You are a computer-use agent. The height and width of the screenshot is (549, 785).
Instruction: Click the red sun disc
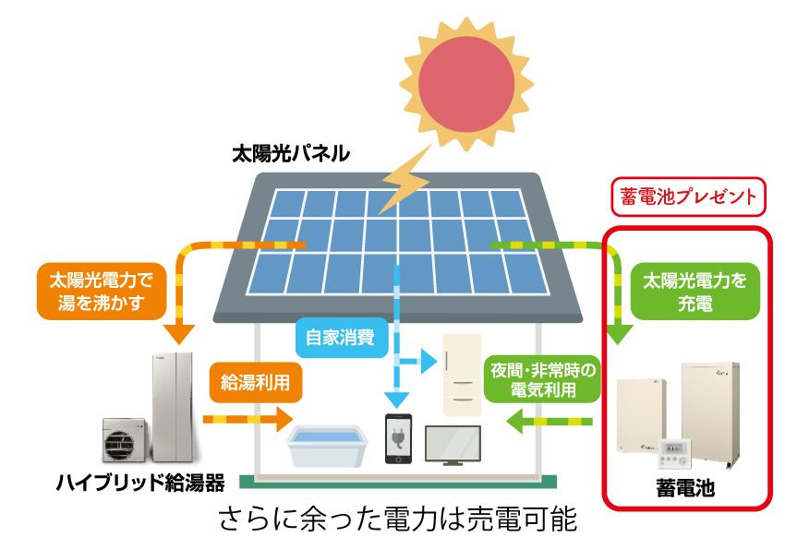pos(466,83)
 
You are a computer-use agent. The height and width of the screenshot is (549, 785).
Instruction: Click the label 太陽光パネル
pos(290,153)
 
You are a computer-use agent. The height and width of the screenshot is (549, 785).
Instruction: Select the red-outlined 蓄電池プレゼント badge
pos(688,197)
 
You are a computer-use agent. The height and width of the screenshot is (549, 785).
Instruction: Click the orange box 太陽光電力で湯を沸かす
pos(102,292)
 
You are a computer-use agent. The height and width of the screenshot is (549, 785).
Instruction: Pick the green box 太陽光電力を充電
pos(694,292)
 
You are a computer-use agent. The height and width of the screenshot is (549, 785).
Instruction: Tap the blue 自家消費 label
pos(341,338)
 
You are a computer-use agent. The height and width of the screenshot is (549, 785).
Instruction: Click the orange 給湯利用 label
pos(256,383)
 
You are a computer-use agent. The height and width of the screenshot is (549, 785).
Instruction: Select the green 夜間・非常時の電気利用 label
pos(543,379)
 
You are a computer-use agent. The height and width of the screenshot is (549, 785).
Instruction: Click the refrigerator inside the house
pos(462,375)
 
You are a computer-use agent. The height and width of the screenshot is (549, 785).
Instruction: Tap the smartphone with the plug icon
pos(399,438)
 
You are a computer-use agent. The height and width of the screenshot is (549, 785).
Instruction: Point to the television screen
pos(453,444)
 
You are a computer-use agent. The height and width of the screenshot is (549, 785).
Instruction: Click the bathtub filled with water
pos(328,445)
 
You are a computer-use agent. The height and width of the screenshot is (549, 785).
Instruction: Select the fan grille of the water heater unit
pos(119,444)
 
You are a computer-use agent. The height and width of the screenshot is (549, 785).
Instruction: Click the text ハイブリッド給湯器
pos(140,483)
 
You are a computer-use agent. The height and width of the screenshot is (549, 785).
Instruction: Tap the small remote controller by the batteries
pos(674,453)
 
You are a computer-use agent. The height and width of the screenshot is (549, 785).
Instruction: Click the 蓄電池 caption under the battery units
pos(685,487)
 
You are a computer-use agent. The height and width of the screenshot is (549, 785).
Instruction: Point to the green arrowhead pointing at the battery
pos(619,334)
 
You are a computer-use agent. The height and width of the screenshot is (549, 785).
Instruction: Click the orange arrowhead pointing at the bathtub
pos(284,419)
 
